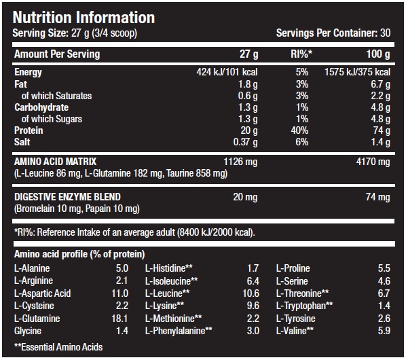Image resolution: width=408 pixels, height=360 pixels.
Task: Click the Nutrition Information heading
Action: (84, 17)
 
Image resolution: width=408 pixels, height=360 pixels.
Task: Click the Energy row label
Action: (28, 72)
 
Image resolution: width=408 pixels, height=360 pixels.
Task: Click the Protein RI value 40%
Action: (299, 130)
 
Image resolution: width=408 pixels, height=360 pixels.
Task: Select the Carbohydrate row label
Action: (41, 107)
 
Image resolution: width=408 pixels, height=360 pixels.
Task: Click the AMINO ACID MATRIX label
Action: (56, 162)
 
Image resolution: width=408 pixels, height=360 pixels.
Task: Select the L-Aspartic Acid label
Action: (43, 293)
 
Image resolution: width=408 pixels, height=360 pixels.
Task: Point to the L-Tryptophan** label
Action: (304, 306)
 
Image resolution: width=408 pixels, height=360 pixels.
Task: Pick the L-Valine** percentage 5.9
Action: (383, 331)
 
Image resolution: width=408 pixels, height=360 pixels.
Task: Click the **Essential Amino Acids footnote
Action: (58, 347)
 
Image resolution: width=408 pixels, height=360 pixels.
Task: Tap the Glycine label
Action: (28, 331)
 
